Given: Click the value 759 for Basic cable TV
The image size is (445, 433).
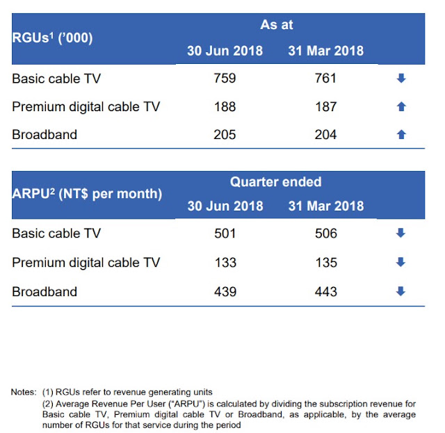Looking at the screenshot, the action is coord(225,78).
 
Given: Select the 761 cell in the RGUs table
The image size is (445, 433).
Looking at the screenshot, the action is coord(325,78).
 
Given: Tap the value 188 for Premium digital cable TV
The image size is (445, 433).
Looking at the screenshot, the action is coord(225,107).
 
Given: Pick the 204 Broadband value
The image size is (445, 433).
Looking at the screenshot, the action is coord(325,135).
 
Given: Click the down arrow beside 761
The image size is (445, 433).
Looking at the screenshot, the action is coord(401,78).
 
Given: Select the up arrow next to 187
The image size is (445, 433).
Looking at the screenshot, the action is coord(401,106).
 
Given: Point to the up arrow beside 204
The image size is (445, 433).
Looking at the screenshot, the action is coord(401,134).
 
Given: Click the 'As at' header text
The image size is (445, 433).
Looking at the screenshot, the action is coord(277,25).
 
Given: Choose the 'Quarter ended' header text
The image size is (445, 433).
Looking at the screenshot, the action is coord(275,181).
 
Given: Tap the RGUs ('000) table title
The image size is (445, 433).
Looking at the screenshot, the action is coord(52,38).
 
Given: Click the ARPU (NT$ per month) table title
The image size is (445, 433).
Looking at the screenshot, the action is coord(87,194).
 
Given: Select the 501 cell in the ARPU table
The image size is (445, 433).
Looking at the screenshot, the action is coord(225,234).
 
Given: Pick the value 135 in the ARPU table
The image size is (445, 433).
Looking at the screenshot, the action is coord(326,263).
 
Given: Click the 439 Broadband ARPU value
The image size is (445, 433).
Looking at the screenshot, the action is coord(225,292).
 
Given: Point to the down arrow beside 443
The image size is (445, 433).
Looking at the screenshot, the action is coord(400,291).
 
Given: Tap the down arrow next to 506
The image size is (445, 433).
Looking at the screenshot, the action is coord(400,233).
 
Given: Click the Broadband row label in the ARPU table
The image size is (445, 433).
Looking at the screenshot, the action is coord(44,292).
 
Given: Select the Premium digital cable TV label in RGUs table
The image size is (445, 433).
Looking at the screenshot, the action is coord(86,107).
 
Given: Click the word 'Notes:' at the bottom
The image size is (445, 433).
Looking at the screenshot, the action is coord(24,392).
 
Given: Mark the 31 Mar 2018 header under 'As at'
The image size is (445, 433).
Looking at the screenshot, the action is coord(326,51).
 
